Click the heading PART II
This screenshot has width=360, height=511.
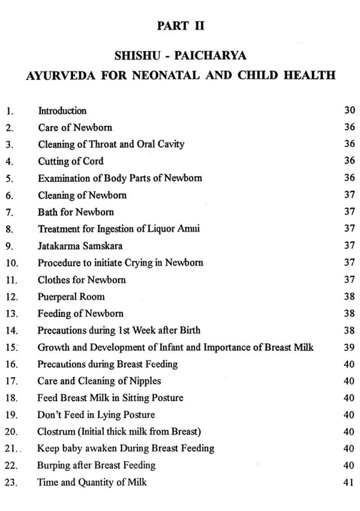(x=180, y=26)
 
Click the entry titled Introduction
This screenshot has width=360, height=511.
(x=62, y=111)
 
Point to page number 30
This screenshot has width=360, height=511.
(x=349, y=110)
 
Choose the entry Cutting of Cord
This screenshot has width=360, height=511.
(x=71, y=161)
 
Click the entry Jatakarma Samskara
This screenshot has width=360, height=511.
(x=80, y=246)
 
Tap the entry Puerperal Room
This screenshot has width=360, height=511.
(x=71, y=297)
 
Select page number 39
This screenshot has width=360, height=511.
(x=349, y=347)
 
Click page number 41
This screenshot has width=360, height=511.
(x=349, y=482)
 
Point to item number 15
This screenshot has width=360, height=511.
(x=11, y=348)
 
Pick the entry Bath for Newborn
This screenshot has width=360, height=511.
(x=76, y=212)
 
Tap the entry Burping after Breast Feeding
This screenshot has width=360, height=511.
(x=96, y=465)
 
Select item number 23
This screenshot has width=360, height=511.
(x=11, y=483)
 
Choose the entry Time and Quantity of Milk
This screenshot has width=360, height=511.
(x=92, y=482)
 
